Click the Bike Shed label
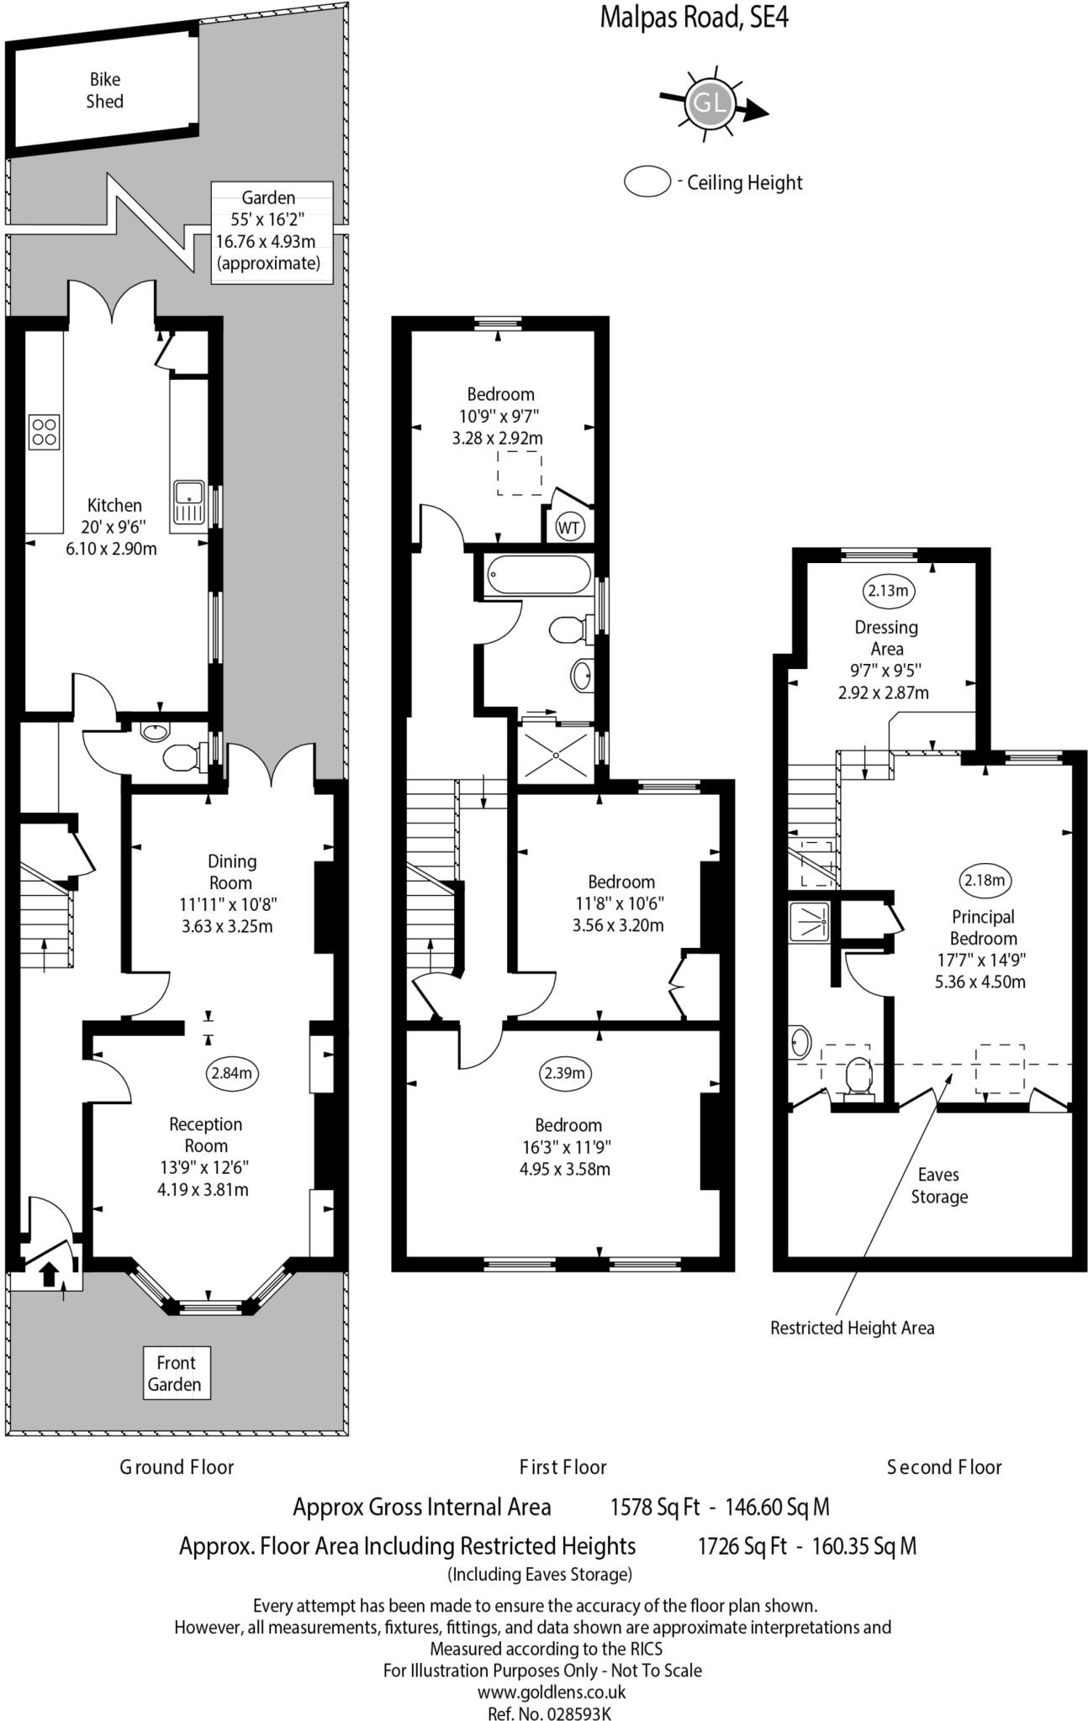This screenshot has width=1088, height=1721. [x=104, y=91]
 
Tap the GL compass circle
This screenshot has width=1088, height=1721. [x=709, y=104]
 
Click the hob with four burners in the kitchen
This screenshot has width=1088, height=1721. [x=45, y=431]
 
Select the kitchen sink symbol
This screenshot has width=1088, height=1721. [x=188, y=502]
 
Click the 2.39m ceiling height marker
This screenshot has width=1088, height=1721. [x=563, y=1073]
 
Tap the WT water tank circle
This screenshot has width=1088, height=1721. [x=569, y=528]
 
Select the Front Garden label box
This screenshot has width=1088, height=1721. [x=175, y=1373]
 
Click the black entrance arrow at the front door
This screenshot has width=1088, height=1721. [x=50, y=1274]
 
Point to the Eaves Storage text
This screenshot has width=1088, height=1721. [x=939, y=1186]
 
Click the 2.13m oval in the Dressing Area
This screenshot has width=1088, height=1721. [x=889, y=591]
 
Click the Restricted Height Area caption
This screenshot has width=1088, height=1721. [x=852, y=1328]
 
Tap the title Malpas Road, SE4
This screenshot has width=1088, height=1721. [x=694, y=17]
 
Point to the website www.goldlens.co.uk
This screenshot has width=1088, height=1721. [x=552, y=1692]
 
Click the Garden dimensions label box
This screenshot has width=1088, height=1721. [x=271, y=231]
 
